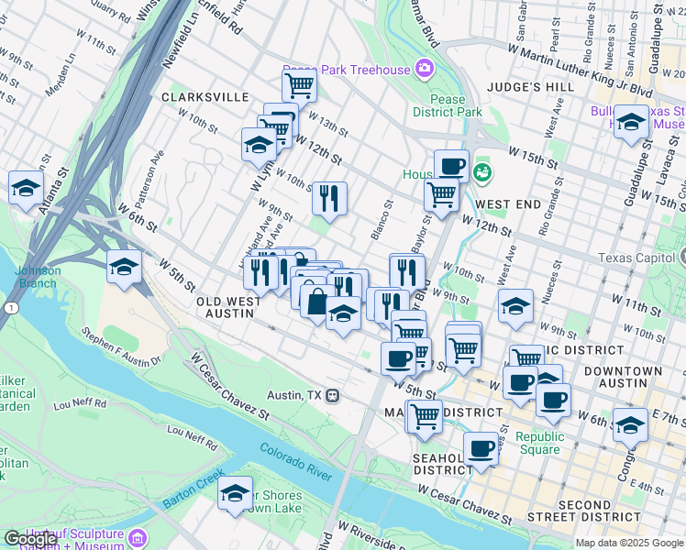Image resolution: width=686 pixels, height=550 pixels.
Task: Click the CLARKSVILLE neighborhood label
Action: point(205,96)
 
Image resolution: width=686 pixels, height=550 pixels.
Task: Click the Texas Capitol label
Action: point(641,258)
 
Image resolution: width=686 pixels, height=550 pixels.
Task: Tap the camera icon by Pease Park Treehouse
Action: point(424,68)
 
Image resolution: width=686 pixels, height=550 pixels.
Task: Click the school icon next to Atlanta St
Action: point(26,188)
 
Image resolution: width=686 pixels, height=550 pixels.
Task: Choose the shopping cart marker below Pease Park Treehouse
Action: point(299,87)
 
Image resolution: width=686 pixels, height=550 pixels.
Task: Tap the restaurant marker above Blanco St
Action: point(329,197)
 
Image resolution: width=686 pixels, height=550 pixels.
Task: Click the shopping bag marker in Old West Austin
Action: point(316,302)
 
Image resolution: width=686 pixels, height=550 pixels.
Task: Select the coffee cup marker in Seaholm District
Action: point(481,448)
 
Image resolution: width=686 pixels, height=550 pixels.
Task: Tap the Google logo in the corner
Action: point(30,539)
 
